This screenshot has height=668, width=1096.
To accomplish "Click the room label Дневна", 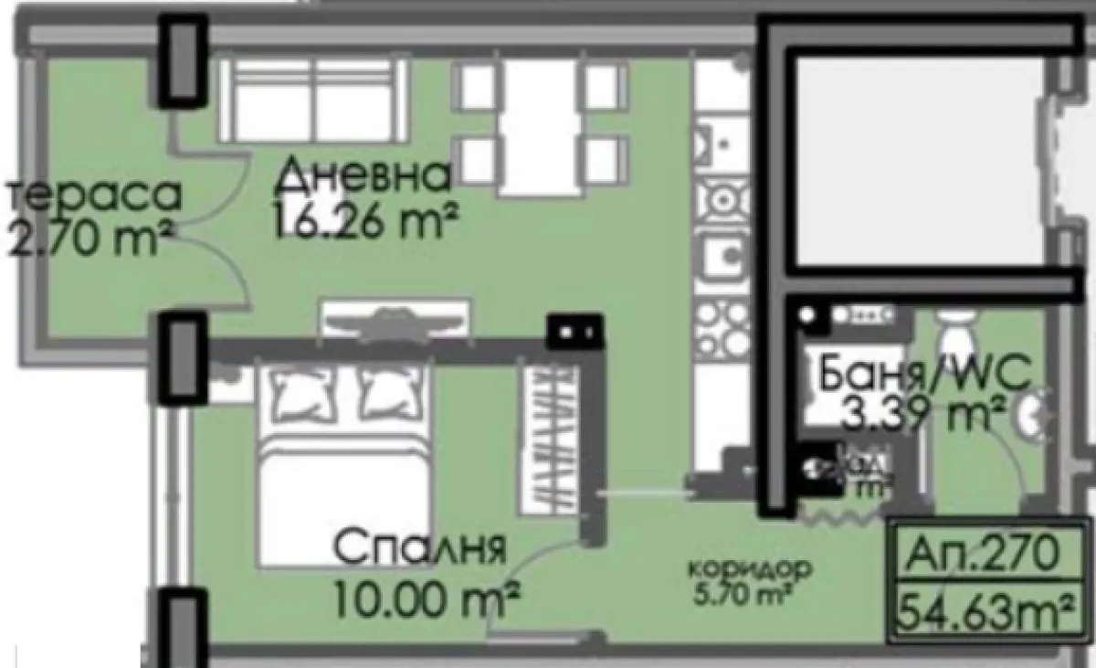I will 362,176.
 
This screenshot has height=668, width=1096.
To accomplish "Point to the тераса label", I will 94,195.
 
